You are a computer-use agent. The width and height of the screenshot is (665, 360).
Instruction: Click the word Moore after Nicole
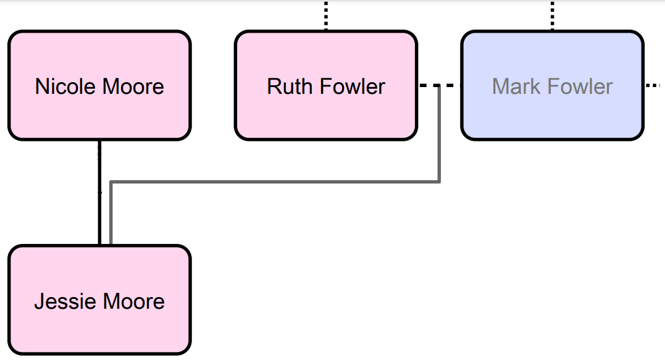pyautogui.click(x=134, y=86)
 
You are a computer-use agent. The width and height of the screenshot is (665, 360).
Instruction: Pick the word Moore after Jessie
pyautogui.click(x=133, y=301)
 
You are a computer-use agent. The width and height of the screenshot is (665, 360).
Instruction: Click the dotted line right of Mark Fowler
pyautogui.click(x=654, y=86)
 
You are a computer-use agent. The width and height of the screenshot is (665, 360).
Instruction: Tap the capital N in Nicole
pyautogui.click(x=41, y=86)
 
